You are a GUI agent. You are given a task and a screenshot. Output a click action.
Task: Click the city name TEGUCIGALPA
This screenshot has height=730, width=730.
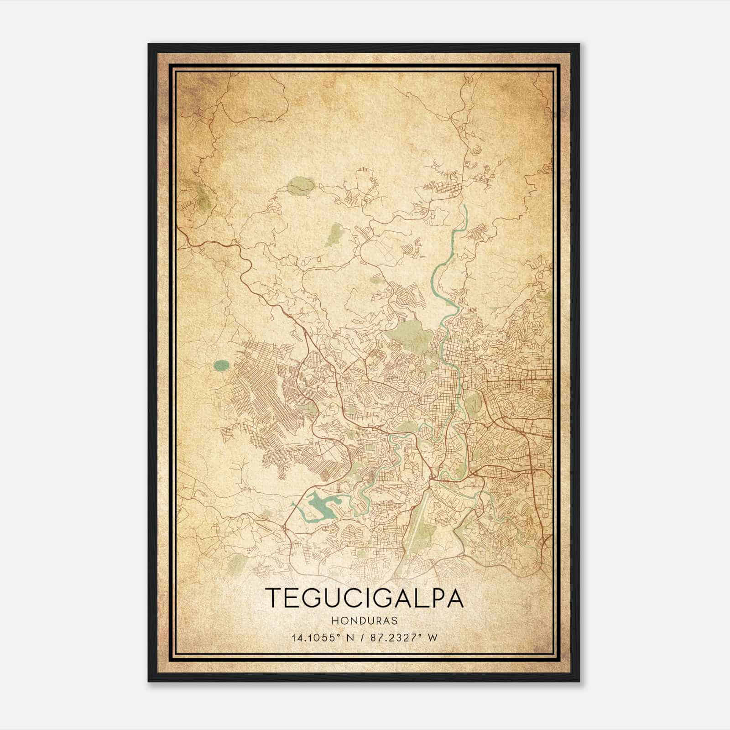pos(365,598)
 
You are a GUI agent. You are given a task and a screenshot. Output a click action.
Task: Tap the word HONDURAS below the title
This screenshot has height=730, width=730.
pos(365,621)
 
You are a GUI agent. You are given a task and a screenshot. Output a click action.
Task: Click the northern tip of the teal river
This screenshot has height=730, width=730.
pos(465,207)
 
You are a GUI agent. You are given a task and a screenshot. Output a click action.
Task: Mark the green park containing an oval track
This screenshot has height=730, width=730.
pos(474,404)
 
